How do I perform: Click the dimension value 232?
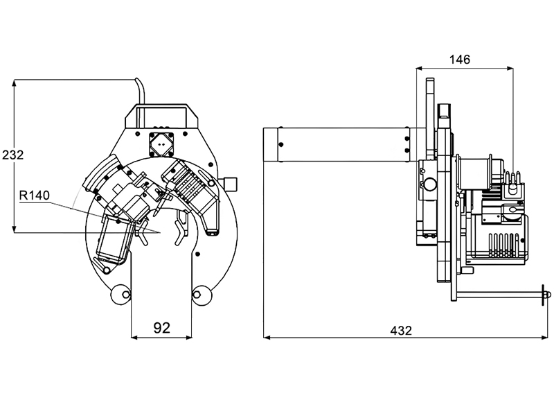12,155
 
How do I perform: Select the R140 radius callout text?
34,196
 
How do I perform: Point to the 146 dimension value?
459,60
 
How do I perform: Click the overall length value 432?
400,330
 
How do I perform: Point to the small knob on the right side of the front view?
231,183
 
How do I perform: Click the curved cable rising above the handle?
140,90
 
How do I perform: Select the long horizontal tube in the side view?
339,144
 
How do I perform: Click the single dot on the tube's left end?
280,144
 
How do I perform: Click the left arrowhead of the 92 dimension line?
134,338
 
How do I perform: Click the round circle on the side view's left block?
429,184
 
